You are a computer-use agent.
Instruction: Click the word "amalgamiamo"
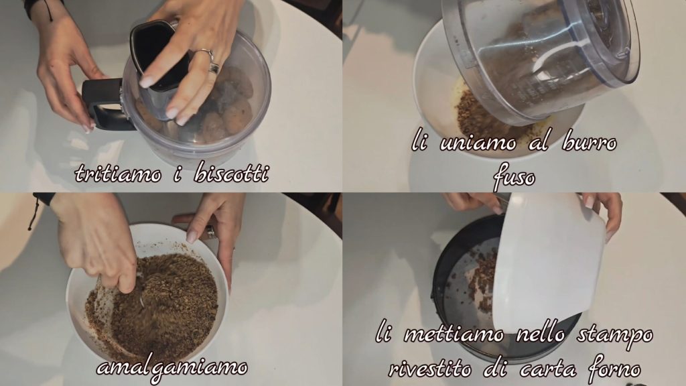pyautogui.click(x=172, y=368)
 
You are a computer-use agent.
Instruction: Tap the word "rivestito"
pyautogui.click(x=430, y=369)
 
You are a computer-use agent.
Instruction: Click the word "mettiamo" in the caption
pyautogui.click(x=454, y=335)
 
